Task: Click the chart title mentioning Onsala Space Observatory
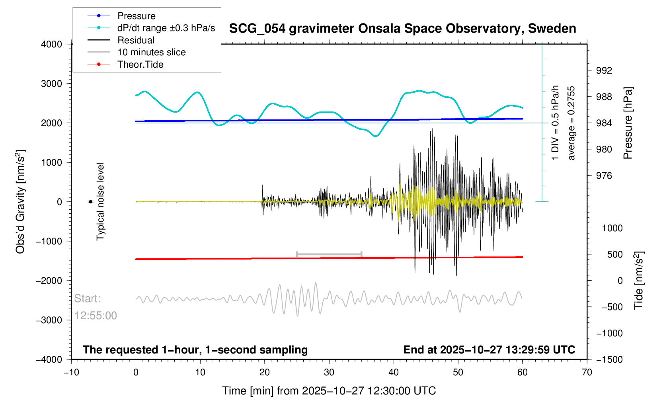pyautogui.click(x=402, y=29)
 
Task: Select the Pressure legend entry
pyautogui.click(x=136, y=16)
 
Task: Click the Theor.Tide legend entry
pyautogui.click(x=140, y=64)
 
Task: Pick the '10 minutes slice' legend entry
pyautogui.click(x=151, y=52)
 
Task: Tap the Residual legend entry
pyautogui.click(x=136, y=40)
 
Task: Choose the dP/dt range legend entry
pyautogui.click(x=166, y=28)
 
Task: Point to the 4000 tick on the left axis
pyautogui.click(x=52, y=44)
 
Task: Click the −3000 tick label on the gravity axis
pyautogui.click(x=49, y=320)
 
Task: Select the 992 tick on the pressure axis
pyautogui.click(x=604, y=71)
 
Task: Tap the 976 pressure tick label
pyautogui.click(x=604, y=176)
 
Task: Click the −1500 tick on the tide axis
pyautogui.click(x=609, y=359)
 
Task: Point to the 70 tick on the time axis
pyautogui.click(x=587, y=373)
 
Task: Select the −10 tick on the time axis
pyautogui.click(x=71, y=373)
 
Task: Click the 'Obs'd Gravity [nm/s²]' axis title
pyautogui.click(x=20, y=202)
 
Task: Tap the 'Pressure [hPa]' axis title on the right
pyautogui.click(x=628, y=123)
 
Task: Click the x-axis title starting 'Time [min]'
pyautogui.click(x=329, y=391)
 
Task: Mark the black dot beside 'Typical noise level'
pyautogui.click(x=90, y=202)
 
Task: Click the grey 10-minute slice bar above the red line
pyautogui.click(x=329, y=254)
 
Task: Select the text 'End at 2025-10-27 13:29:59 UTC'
pyautogui.click(x=489, y=350)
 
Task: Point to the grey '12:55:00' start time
pyautogui.click(x=96, y=316)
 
